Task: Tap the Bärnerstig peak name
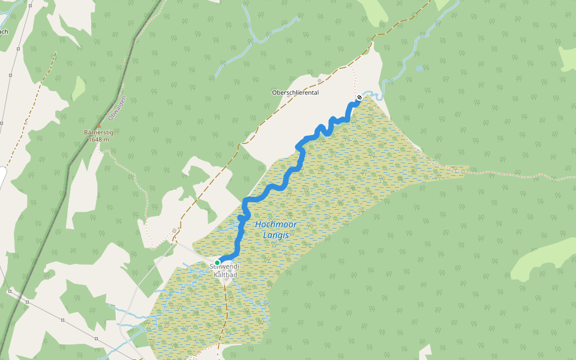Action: pos(98,133)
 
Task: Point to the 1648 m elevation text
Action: pos(98,139)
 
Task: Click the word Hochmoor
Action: pos(276,224)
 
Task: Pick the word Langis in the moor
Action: pos(276,235)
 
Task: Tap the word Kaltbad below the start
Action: pos(226,274)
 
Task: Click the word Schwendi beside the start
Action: pos(231,265)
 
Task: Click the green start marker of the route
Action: pos(217,263)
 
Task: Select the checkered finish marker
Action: pos(359,98)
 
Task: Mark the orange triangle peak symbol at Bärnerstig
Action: pos(98,126)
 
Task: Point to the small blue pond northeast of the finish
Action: pos(419,68)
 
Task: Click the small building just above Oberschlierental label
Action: pos(320,80)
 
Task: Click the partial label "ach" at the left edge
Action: pos(3,32)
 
